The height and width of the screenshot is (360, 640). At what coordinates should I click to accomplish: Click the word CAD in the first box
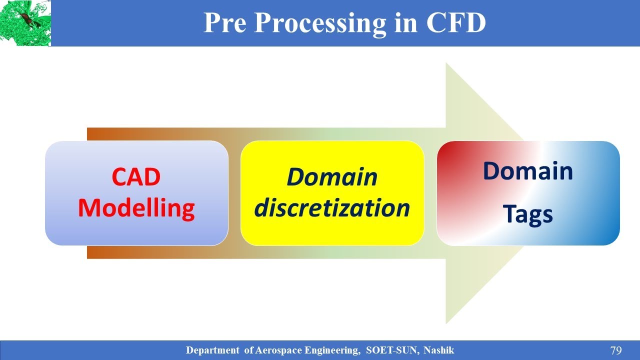[x=136, y=176]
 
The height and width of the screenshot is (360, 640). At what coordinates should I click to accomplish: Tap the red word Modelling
[x=136, y=208]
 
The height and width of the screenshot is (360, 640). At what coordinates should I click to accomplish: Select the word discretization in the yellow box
[x=332, y=208]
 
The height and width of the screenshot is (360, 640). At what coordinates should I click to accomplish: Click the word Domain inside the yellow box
[x=332, y=176]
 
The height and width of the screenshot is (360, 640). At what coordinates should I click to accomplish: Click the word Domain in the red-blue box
[x=527, y=171]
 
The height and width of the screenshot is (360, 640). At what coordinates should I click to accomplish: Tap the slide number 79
[x=615, y=350]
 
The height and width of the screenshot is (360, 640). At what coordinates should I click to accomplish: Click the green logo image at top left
[x=25, y=23]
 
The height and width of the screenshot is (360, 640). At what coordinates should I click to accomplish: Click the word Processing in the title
[x=319, y=23]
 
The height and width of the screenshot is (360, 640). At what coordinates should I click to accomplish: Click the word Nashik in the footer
[x=438, y=350]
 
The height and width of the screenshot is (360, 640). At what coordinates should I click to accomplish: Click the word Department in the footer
[x=213, y=350]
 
